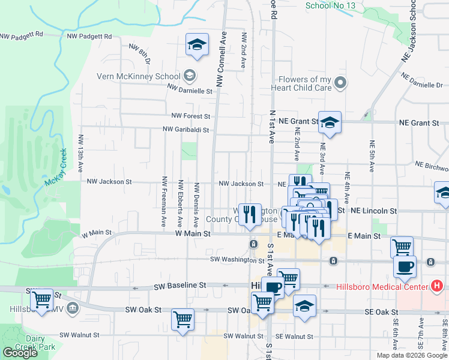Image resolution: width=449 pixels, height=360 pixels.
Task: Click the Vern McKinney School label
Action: click(139, 76)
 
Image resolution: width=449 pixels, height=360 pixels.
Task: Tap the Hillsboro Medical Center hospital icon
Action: click(438, 286)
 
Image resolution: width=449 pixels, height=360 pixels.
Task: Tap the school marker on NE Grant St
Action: click(330, 122)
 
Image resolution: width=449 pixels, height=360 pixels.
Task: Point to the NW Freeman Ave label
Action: click(163, 201)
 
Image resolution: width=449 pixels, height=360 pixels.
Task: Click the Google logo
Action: click(20, 353)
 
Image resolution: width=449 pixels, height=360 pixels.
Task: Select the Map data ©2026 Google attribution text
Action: click(412, 355)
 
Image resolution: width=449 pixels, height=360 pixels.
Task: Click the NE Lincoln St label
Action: click(374, 211)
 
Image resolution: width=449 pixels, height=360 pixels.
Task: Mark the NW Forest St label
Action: click(190, 116)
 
